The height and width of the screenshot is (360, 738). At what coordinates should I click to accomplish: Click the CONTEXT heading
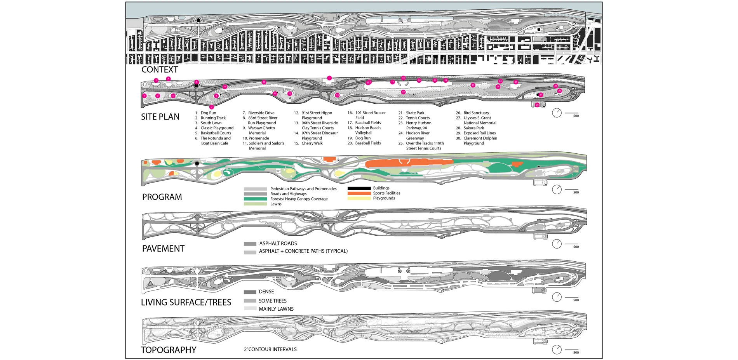[x=159, y=70]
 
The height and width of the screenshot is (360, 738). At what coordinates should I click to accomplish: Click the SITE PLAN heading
[x=160, y=117]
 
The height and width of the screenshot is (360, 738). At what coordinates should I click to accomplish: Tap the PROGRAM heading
[x=162, y=197]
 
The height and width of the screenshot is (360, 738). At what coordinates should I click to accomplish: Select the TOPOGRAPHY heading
[x=169, y=350]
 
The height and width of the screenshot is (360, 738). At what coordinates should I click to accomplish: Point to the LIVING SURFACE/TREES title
[x=186, y=302]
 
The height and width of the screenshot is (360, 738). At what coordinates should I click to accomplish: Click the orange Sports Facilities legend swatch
[x=359, y=193]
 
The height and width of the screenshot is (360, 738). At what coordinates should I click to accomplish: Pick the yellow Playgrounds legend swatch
[x=359, y=198]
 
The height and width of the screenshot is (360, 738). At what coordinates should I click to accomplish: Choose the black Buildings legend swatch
[x=359, y=188]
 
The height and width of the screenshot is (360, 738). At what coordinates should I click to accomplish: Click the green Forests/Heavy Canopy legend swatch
[x=255, y=199]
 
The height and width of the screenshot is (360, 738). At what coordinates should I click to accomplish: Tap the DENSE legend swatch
[x=250, y=292]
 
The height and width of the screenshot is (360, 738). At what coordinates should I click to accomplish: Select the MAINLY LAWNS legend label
[x=276, y=309]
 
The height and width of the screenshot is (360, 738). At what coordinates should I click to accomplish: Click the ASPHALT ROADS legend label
[x=278, y=243]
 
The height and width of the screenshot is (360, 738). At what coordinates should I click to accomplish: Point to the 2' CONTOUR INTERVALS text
[x=270, y=350]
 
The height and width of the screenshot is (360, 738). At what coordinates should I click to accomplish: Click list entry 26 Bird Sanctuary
[x=476, y=113]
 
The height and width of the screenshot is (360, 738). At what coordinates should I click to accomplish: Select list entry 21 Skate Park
[x=415, y=113]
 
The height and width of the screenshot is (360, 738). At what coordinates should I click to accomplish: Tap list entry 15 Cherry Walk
[x=312, y=143]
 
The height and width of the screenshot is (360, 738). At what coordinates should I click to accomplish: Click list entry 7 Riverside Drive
[x=261, y=113]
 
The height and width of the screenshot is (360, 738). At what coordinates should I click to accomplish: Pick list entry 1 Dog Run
[x=208, y=113]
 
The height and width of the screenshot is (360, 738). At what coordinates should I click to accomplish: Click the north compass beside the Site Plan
[x=557, y=113]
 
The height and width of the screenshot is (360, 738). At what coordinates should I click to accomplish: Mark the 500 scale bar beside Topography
[x=572, y=350]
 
